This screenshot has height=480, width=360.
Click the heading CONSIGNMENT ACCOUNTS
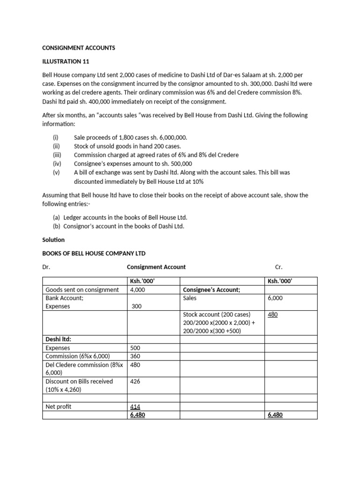(x=79, y=48)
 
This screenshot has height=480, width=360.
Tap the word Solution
(x=53, y=240)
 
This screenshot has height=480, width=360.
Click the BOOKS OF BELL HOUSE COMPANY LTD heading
(x=94, y=253)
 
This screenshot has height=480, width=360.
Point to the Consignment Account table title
(x=156, y=267)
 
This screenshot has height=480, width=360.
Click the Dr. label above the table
(x=46, y=267)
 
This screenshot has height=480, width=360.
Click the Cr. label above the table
(x=278, y=267)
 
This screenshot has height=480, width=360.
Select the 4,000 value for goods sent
(x=138, y=290)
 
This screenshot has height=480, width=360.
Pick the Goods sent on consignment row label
(x=82, y=290)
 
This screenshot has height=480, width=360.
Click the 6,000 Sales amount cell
(x=275, y=298)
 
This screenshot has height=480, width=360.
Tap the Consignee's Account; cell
(x=211, y=290)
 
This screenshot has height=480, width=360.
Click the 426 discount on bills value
(x=136, y=381)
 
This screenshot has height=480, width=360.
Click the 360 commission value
(x=136, y=356)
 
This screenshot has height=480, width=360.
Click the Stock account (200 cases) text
(x=217, y=315)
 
